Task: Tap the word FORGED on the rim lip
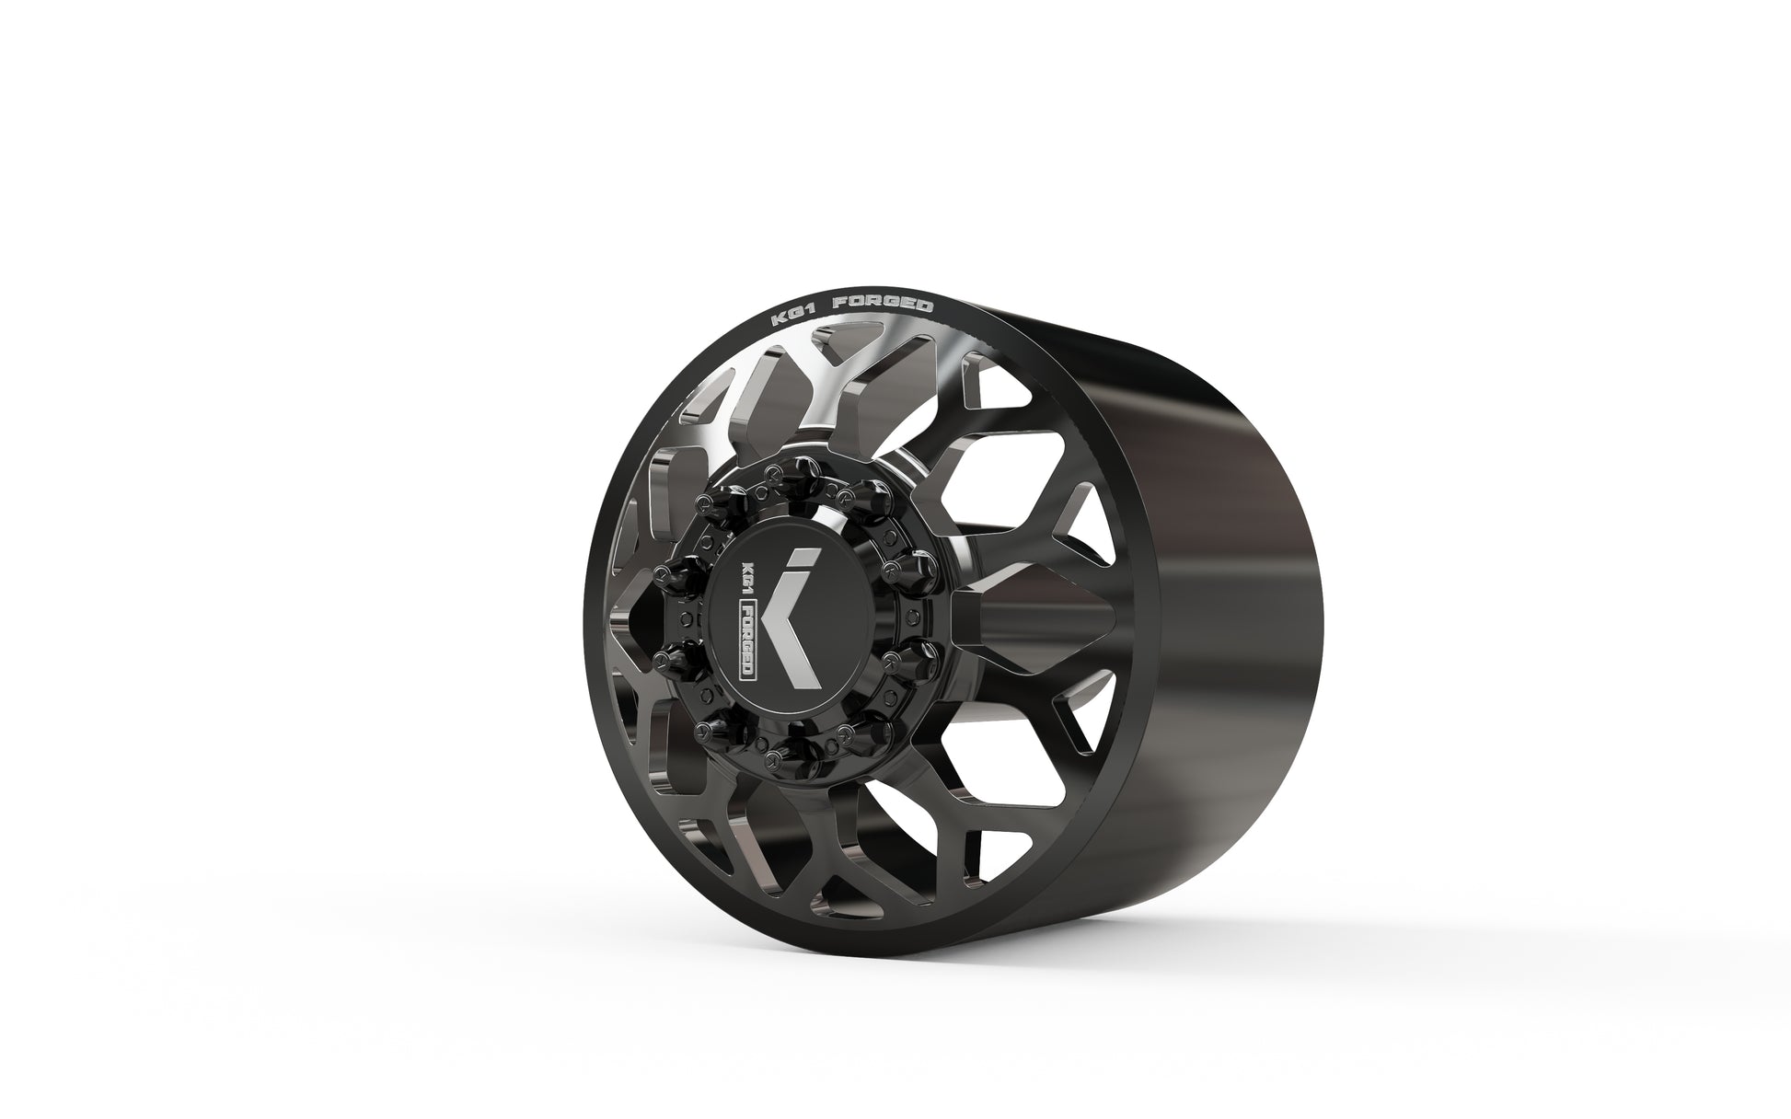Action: pos(884,305)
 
